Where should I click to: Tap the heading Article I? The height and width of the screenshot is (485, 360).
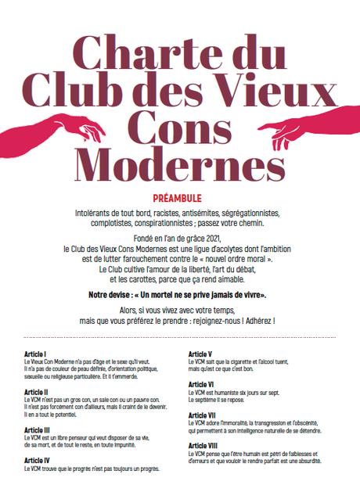tap(36, 354)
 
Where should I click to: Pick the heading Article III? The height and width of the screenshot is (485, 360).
tap(38, 429)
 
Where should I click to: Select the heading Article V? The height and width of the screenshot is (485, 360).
tap(201, 354)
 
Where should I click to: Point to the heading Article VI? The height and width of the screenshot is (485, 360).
tap(202, 384)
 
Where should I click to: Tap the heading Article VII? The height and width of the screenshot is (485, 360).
tap(203, 415)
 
